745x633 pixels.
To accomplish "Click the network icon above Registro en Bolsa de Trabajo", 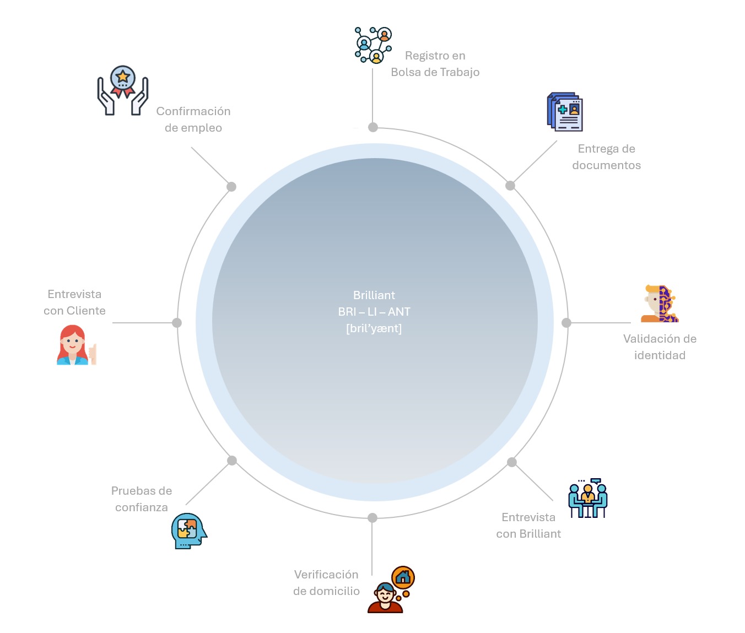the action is (x=373, y=45).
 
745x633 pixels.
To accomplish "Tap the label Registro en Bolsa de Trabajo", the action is (x=435, y=64).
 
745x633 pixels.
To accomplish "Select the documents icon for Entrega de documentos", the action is (x=565, y=112).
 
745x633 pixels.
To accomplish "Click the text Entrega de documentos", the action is (x=606, y=156).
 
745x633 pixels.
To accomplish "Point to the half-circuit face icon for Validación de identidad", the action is (x=660, y=304).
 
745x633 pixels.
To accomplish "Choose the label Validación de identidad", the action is (x=660, y=347).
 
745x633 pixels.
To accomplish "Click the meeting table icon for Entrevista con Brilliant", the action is (x=588, y=498).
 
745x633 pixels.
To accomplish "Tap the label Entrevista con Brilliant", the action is (x=528, y=525).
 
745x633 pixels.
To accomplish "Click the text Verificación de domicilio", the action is (x=326, y=582).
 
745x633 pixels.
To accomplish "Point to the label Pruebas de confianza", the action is (x=141, y=499).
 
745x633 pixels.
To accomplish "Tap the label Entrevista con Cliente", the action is (x=74, y=302).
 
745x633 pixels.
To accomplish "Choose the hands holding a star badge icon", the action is (x=122, y=90).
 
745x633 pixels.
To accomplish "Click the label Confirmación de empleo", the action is (x=193, y=119).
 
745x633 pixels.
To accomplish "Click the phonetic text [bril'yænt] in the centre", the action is (x=374, y=328).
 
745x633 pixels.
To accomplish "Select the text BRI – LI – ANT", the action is (x=374, y=312).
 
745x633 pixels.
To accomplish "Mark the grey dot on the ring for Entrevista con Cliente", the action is (x=177, y=323).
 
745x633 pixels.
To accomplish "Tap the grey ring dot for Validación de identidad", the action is (x=566, y=323).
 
